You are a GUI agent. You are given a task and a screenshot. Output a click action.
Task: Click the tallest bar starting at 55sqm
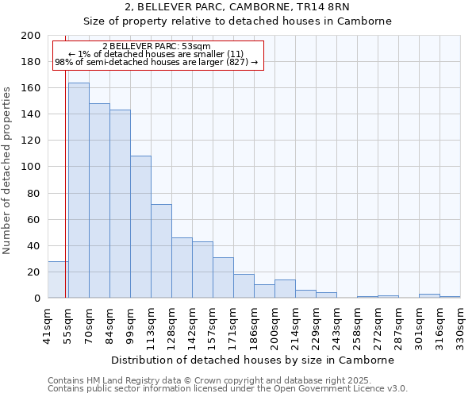79,191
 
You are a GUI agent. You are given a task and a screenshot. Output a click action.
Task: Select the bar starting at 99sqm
140,227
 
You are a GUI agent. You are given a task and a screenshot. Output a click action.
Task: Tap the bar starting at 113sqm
161,251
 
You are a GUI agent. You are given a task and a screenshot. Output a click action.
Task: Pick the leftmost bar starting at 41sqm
58,279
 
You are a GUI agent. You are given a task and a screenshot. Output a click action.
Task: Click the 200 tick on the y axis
32,36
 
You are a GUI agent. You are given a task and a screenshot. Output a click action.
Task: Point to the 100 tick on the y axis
32,167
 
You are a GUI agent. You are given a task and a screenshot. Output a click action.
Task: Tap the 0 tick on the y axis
37,298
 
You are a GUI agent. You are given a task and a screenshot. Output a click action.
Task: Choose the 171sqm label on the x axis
233,326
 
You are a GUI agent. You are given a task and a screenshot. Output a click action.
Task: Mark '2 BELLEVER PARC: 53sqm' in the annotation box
156,47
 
